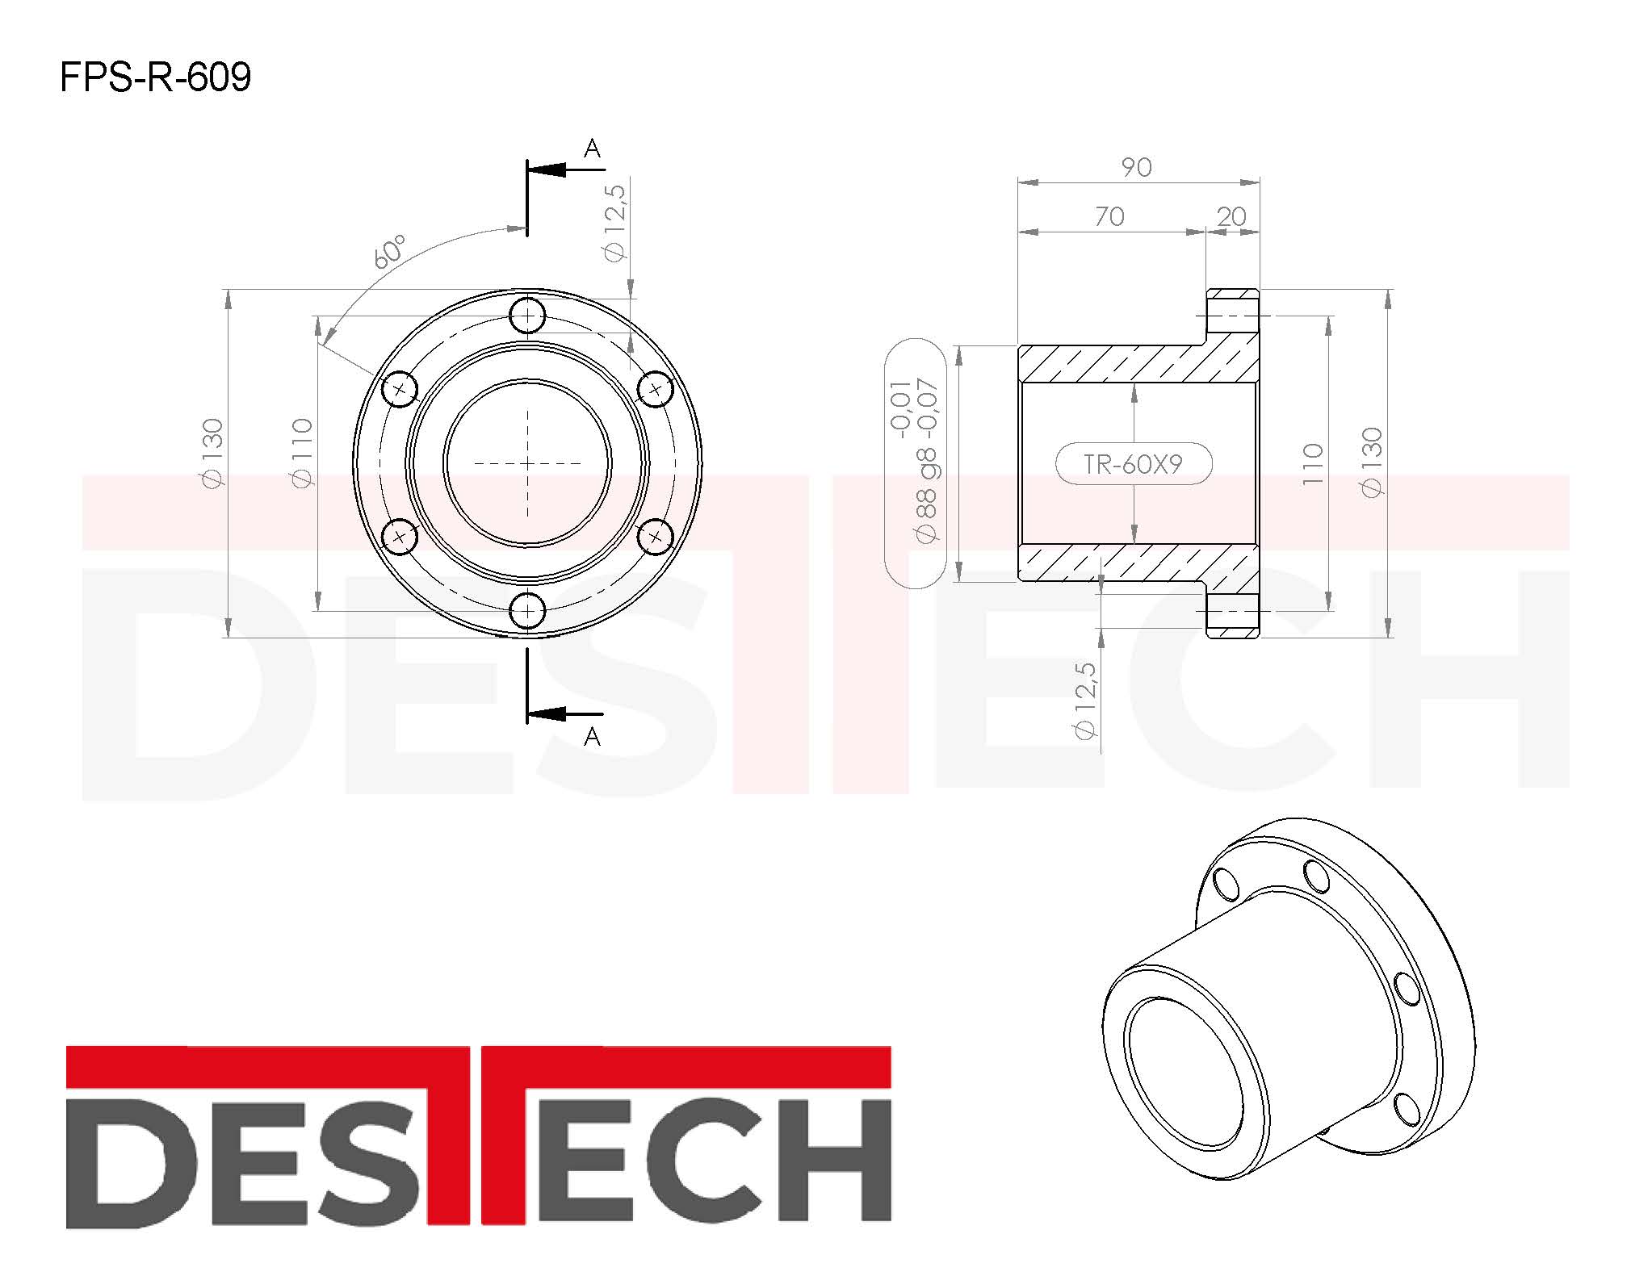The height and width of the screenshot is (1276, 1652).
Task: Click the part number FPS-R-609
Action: tap(156, 77)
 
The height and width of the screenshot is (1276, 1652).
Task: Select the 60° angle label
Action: tap(390, 252)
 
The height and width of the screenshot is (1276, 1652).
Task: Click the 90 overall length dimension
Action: tap(1136, 167)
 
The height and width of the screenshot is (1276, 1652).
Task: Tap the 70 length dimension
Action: tap(1109, 216)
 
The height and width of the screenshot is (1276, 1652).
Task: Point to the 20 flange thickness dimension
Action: tap(1231, 216)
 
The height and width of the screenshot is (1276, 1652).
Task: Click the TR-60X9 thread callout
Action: tap(1133, 464)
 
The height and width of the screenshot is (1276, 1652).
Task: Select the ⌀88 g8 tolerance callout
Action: tap(916, 461)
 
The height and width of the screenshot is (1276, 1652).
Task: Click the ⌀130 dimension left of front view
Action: tap(212, 453)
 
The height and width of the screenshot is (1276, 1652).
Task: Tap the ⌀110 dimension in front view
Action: tap(302, 453)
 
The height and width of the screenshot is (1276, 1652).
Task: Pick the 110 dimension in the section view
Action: tap(1313, 464)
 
